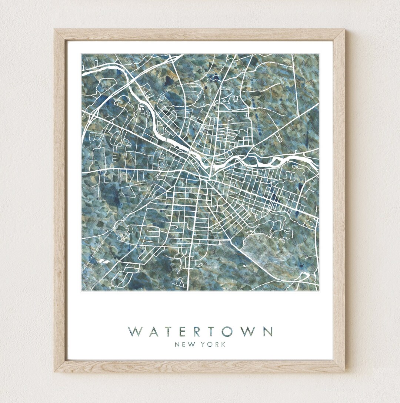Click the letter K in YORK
tap(223, 345)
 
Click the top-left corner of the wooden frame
tap(55, 30)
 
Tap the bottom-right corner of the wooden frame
tap(344, 371)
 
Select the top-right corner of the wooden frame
tap(344, 30)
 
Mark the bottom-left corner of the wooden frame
tap(55, 371)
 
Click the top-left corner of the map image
tap(82, 55)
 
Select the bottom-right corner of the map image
tap(319, 290)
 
